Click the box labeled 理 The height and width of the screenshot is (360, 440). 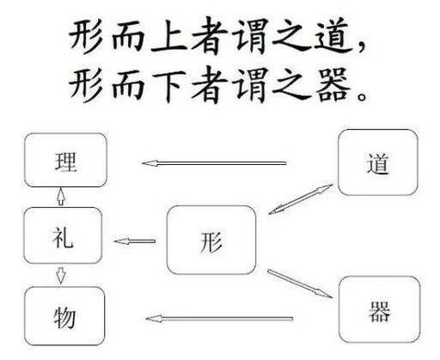click(65, 160)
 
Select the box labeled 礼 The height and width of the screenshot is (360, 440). click(63, 235)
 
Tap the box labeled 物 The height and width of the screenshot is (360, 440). click(64, 316)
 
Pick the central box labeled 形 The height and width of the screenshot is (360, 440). click(211, 240)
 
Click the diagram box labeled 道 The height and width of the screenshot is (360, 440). click(378, 162)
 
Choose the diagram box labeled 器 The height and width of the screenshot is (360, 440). click(380, 309)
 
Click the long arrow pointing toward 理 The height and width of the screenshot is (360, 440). click(214, 163)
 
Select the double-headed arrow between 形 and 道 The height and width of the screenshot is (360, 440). click(301, 199)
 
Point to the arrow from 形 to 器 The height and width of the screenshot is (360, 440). click(300, 284)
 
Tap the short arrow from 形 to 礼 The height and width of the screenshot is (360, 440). click(135, 241)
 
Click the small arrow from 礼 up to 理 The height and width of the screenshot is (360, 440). click(61, 197)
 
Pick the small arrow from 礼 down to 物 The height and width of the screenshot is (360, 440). click(60, 276)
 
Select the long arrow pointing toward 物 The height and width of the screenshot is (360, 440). click(219, 319)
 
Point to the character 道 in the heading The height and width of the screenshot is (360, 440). click(333, 36)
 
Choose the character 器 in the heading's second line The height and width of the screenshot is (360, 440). click(333, 85)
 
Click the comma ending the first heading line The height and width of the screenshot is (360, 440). click(362, 46)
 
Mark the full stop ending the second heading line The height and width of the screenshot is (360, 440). click(362, 95)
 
